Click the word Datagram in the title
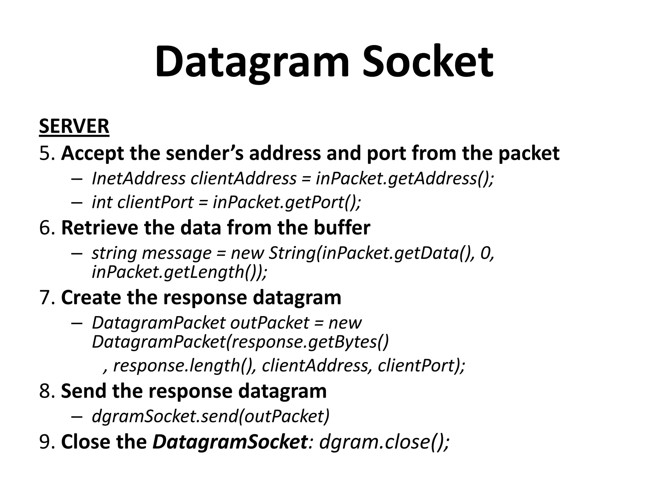(252, 62)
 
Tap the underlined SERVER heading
(74, 126)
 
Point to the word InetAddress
(138, 179)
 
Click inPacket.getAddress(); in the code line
(405, 179)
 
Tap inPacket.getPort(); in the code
(287, 202)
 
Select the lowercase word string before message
(114, 253)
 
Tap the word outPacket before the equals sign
(269, 323)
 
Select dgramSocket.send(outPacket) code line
(210, 416)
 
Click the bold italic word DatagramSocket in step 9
(230, 442)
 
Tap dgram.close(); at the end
(384, 442)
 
